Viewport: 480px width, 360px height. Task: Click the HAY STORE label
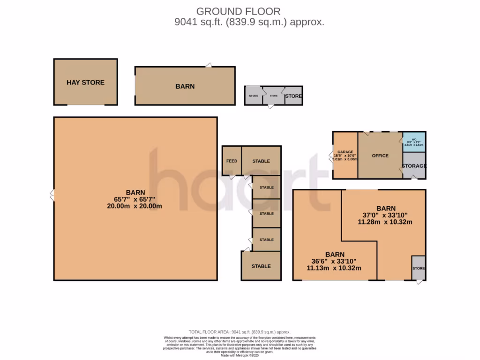(85, 82)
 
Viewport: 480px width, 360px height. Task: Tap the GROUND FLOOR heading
(238, 11)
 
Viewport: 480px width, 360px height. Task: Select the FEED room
(232, 161)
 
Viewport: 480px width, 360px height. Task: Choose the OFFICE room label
(380, 156)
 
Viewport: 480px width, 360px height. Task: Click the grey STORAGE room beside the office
(414, 166)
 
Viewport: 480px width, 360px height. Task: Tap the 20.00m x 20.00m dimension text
(135, 206)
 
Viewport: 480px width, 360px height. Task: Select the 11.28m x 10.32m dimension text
(385, 222)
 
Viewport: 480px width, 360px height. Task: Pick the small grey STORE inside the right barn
(419, 268)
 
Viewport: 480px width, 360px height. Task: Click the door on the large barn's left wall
(52, 195)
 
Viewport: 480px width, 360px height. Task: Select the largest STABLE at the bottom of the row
(261, 266)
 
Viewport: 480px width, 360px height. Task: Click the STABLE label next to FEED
(261, 161)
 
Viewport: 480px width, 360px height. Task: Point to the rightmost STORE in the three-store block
(294, 96)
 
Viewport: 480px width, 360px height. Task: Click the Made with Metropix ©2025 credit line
(240, 355)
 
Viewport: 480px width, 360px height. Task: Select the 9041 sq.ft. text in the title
(193, 22)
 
